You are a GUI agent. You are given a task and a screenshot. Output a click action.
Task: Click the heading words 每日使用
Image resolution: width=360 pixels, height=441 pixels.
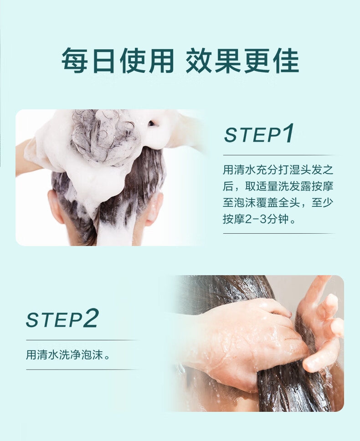tap(118, 61)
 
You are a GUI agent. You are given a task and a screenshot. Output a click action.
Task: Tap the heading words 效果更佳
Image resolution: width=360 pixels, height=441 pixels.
tap(242, 61)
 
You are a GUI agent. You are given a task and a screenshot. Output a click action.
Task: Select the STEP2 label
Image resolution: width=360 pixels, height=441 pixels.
tap(62, 318)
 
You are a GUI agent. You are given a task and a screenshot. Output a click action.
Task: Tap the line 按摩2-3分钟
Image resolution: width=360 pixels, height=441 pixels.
tap(259, 219)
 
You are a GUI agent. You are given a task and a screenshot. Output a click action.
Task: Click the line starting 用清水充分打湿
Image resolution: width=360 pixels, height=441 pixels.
tap(278, 170)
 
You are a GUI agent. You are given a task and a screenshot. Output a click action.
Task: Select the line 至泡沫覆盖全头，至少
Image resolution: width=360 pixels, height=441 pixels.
tap(278, 202)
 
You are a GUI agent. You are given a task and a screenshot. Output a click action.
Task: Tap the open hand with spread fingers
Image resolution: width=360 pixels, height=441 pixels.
tap(321, 323)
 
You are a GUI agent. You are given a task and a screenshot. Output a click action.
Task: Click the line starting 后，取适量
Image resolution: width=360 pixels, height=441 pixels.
tap(278, 186)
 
